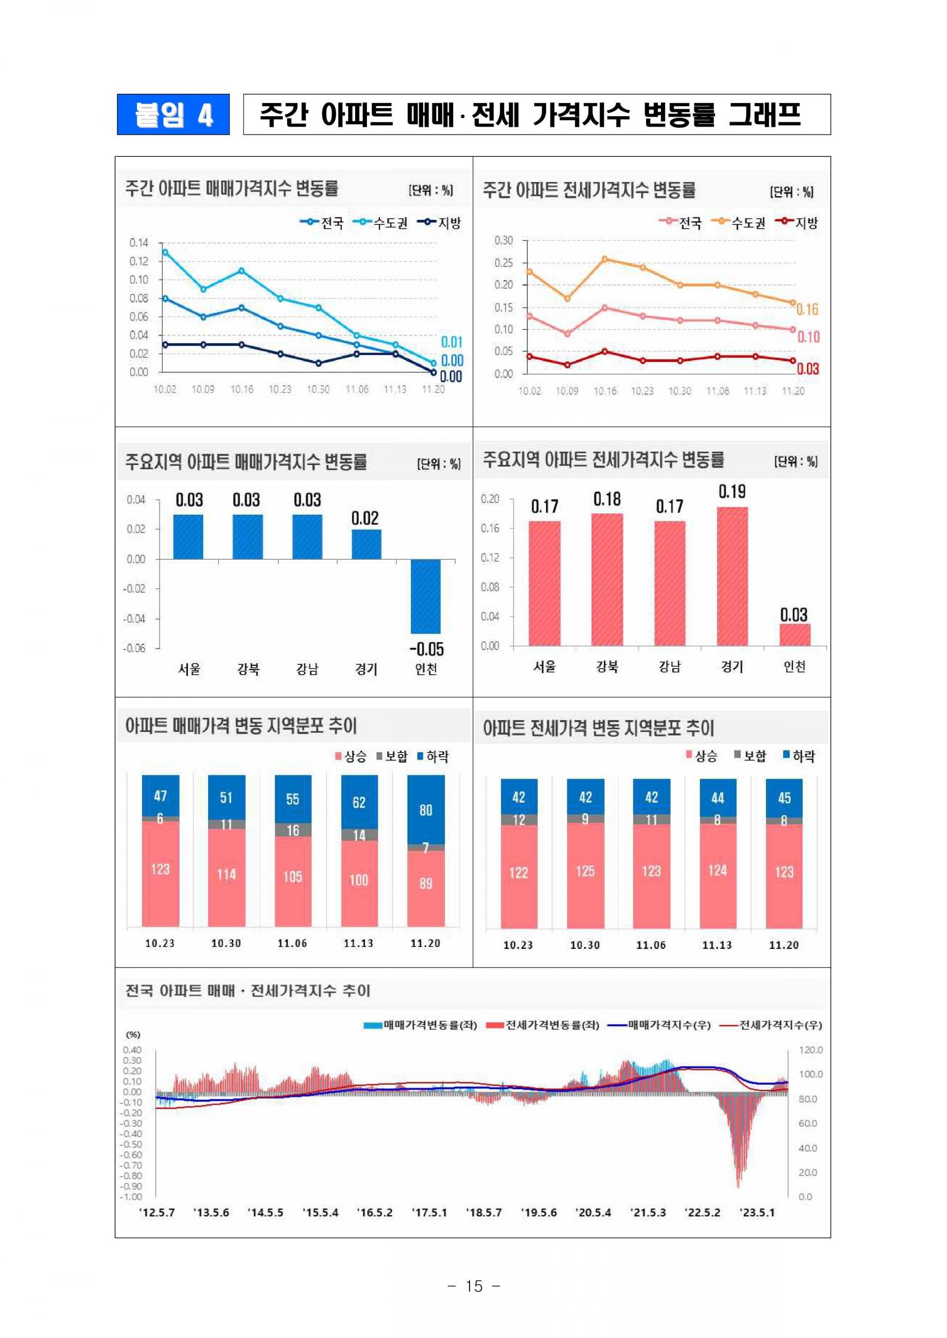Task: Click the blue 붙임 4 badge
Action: click(173, 114)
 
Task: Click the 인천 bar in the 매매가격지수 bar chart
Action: click(426, 596)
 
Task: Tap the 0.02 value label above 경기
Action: click(364, 518)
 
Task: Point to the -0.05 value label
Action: click(426, 649)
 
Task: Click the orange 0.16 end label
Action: click(807, 310)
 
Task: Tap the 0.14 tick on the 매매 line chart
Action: click(139, 243)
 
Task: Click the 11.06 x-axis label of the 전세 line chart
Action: click(717, 391)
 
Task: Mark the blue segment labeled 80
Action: click(426, 810)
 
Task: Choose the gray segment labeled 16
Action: click(292, 830)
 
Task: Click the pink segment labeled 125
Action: click(585, 871)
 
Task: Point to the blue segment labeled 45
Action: click(784, 798)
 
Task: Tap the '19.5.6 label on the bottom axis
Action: click(539, 1213)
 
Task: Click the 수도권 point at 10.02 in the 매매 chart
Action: click(165, 253)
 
